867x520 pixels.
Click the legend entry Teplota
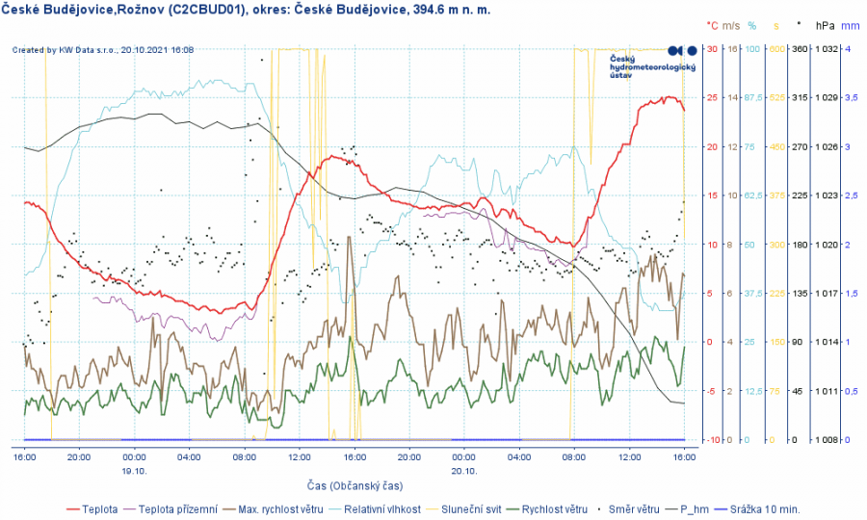(x=100, y=509)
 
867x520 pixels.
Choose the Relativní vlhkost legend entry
(x=382, y=509)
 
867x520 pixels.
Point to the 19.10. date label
(x=134, y=471)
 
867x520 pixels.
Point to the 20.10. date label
(x=464, y=471)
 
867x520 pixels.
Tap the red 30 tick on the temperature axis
(x=712, y=49)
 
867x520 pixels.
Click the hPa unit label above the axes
(x=825, y=25)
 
